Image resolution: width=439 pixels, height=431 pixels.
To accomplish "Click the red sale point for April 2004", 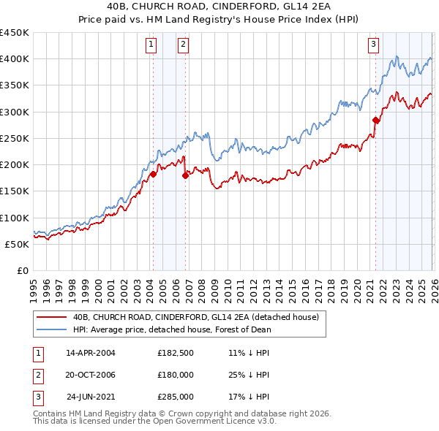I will pos(154,174).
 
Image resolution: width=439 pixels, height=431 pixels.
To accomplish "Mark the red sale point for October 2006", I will pos(186,175).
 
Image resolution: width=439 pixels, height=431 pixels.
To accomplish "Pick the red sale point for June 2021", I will pos(376,120).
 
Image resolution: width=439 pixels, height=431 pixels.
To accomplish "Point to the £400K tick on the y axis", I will pos(15,59).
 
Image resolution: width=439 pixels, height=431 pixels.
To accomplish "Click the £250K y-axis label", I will pos(15,138).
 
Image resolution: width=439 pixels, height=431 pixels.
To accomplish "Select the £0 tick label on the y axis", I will pos(23,270).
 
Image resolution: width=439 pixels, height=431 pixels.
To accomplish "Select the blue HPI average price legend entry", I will pos(172,329).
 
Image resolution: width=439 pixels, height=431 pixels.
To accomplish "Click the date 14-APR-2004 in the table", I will pos(91,353).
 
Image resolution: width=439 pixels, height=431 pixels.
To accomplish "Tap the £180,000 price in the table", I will pos(176,375).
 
